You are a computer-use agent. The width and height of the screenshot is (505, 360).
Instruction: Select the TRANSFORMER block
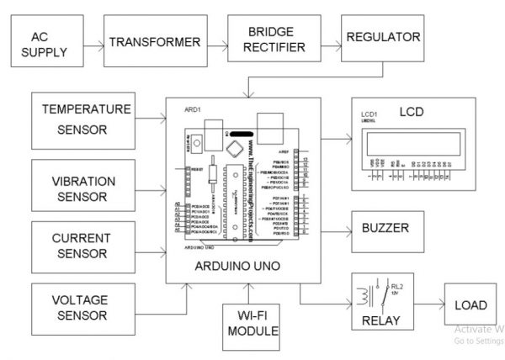(155, 42)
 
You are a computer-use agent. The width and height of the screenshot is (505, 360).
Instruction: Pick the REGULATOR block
(382, 38)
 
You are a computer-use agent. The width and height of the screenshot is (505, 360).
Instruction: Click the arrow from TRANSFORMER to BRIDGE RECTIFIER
(217, 41)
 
